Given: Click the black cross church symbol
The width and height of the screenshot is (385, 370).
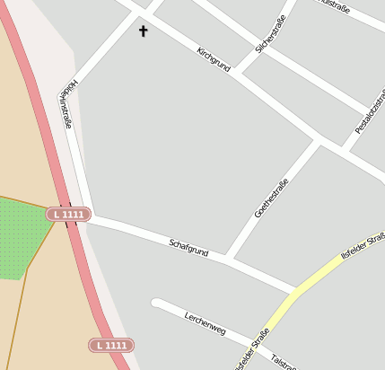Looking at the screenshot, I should point(143,31).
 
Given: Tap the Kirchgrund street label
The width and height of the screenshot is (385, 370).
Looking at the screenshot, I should point(214,59).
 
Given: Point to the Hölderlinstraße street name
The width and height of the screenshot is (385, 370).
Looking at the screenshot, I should point(66,103).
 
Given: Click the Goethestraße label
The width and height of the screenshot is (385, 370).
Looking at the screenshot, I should point(271,198).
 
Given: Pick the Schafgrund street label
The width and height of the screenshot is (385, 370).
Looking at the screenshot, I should point(188,247).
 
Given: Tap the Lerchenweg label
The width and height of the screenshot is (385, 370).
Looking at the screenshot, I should point(205,324).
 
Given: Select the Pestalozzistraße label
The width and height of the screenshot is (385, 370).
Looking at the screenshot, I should point(370,112).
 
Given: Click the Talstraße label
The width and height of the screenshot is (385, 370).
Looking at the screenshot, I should point(284,359).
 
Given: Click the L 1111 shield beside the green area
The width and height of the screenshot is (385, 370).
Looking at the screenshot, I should point(68,215).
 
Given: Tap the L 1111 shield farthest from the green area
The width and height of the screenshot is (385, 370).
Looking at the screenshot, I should point(111,345).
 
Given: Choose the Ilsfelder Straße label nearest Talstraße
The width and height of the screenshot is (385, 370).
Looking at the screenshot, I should point(251,349).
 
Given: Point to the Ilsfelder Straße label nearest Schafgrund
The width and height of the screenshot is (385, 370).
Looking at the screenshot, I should point(363,244).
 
